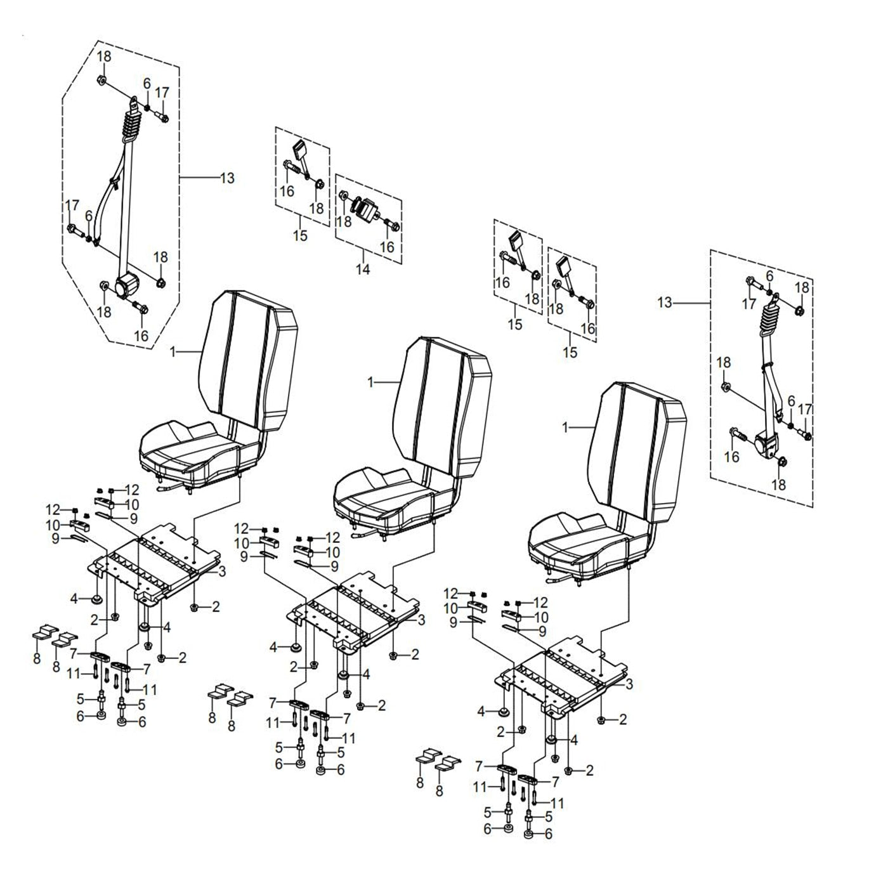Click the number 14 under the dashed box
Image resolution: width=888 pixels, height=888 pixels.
tap(362, 269)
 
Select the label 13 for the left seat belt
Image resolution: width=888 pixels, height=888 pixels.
tap(226, 178)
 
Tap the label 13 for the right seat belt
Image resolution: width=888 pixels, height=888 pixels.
tap(664, 303)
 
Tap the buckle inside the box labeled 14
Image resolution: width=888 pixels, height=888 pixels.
tap(365, 210)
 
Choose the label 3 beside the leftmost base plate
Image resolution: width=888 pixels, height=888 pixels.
tap(221, 571)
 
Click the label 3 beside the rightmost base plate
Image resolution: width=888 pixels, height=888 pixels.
tap(629, 684)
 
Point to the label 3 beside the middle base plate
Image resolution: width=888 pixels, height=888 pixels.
tap(421, 620)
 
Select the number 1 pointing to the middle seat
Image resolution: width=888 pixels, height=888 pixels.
tap(371, 382)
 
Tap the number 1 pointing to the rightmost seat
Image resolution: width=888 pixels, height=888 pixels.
tap(566, 428)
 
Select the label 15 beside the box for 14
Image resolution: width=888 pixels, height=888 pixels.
tap(300, 236)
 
